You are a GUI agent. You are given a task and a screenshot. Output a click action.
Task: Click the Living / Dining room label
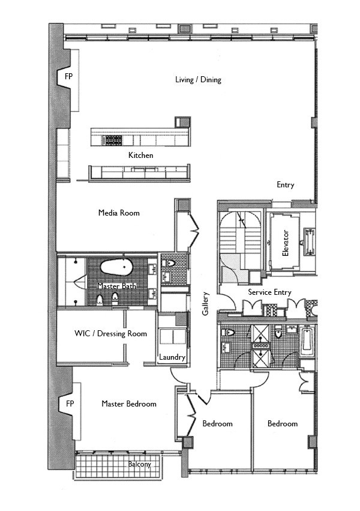[x=198, y=80]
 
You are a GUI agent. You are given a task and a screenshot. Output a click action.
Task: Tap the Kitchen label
[x=140, y=156]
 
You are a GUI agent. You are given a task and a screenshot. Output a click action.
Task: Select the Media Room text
[x=119, y=213]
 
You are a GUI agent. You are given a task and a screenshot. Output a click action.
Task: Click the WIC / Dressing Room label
[x=110, y=333]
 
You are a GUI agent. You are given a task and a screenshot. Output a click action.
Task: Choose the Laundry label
[x=172, y=357]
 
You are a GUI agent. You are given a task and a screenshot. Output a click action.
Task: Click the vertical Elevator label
[x=286, y=243]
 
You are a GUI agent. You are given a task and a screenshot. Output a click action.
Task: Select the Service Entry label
[x=269, y=292]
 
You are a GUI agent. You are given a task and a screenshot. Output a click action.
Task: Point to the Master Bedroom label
[x=128, y=404]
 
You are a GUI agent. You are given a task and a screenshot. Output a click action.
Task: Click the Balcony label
[x=139, y=464]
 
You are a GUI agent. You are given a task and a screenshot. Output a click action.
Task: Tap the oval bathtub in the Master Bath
[x=117, y=268]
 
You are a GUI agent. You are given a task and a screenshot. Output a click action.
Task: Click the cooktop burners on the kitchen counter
[x=112, y=141]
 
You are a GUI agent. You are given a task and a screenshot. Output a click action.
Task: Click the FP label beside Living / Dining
[x=70, y=77]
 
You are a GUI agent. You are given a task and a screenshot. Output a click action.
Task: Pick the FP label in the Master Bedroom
[x=70, y=404]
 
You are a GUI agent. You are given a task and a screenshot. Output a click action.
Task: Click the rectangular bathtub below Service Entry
[x=307, y=341]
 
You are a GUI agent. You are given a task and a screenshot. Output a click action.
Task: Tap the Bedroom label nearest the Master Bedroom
[x=217, y=424]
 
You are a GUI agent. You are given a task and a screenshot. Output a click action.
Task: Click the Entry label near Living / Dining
[x=285, y=185]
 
